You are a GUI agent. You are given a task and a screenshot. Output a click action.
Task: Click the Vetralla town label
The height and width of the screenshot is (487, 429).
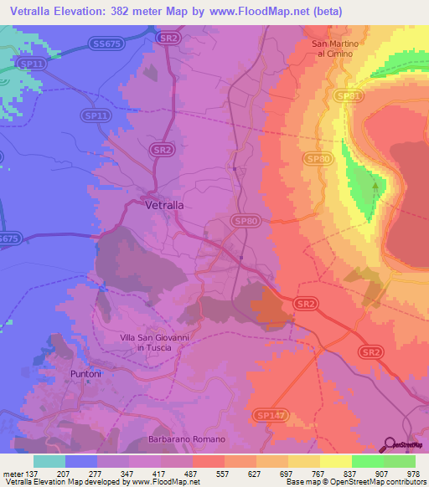164,204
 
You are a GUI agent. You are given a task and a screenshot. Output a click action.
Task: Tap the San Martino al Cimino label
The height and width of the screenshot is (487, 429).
334,49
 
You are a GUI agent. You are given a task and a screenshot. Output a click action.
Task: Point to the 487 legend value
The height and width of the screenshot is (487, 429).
193,474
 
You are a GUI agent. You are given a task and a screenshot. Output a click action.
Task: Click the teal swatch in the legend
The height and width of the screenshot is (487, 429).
49,461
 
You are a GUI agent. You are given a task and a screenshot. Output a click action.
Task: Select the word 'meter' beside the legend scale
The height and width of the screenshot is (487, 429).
13,474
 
